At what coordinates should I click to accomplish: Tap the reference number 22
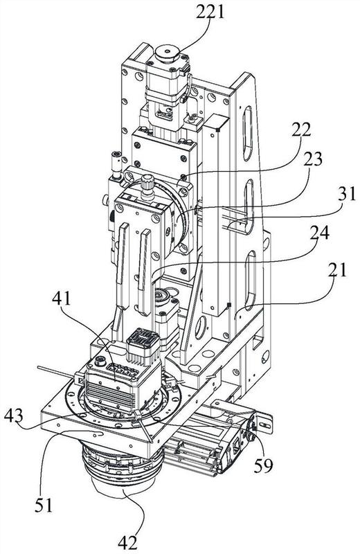(301, 130)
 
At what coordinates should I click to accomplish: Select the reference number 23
(313, 159)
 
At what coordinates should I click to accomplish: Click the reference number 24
(319, 233)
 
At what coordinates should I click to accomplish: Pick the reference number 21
(339, 269)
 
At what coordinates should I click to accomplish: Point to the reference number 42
(127, 542)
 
